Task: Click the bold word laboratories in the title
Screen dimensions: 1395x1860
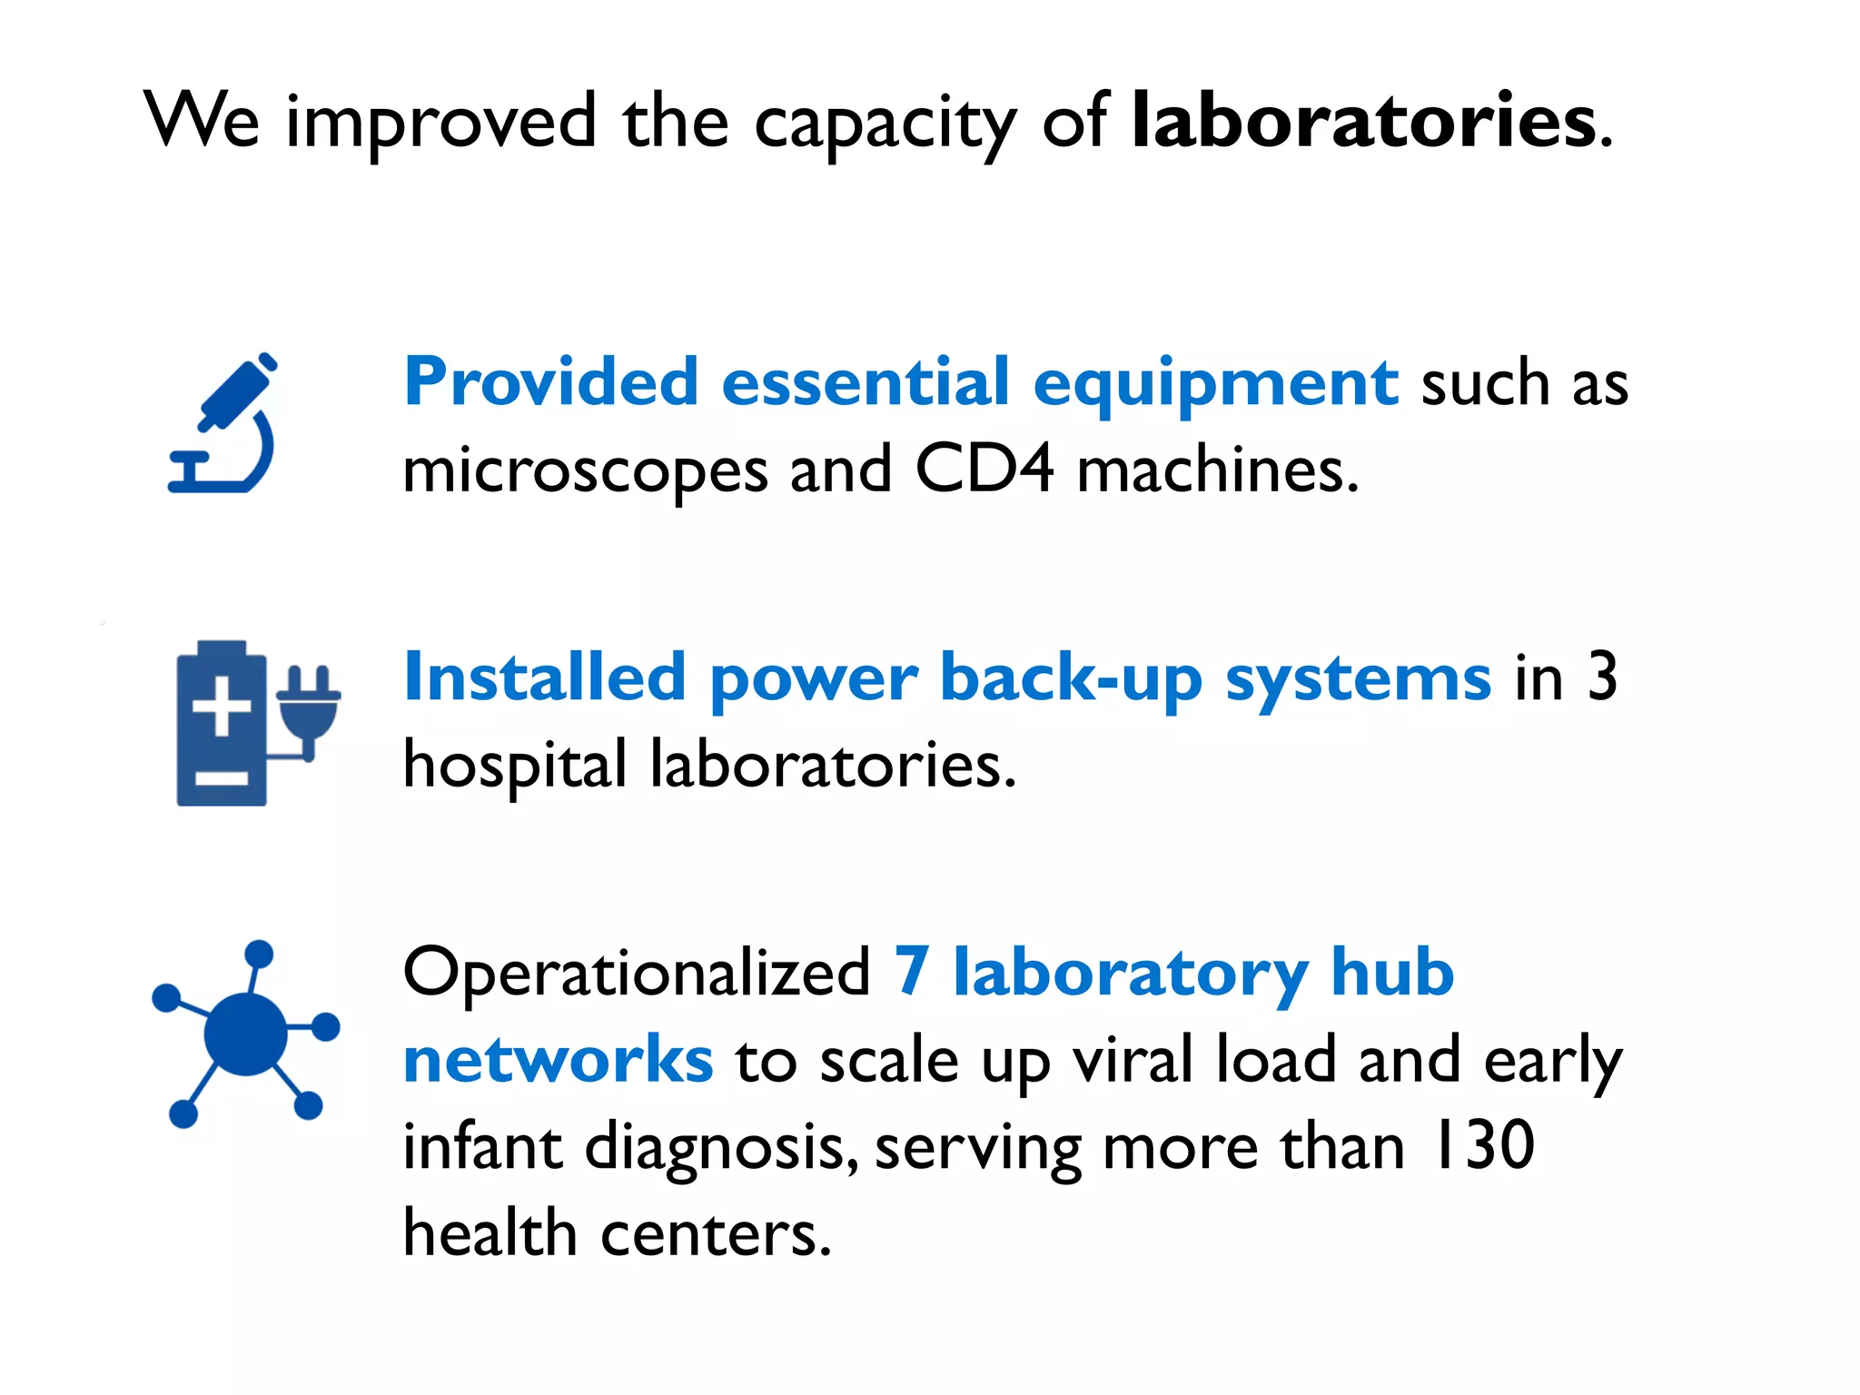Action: click(x=1363, y=121)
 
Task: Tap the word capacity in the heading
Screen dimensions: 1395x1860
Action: click(x=885, y=125)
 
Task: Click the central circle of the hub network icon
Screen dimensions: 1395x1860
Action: click(x=245, y=1034)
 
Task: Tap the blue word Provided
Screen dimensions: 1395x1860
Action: click(x=551, y=381)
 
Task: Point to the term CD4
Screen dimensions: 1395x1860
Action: click(x=984, y=470)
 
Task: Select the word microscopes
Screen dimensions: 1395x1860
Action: click(x=585, y=472)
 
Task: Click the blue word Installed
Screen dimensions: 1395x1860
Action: click(x=544, y=678)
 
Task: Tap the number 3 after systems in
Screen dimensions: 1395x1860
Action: click(x=1602, y=678)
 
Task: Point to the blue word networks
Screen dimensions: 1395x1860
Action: click(x=558, y=1060)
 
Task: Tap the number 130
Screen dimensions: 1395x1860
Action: click(x=1482, y=1146)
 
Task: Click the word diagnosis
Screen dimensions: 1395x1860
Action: click(x=721, y=1149)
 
